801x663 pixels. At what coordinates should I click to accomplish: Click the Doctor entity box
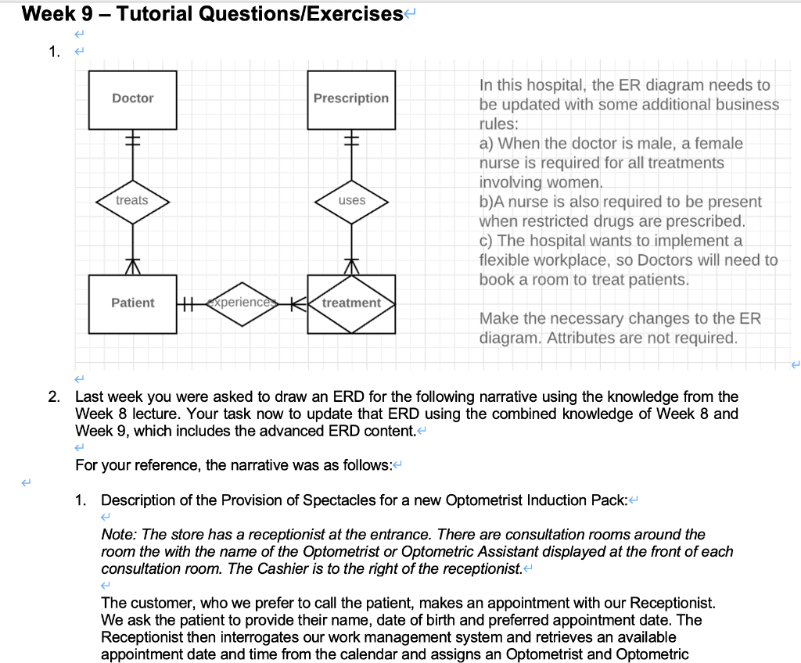coord(132,99)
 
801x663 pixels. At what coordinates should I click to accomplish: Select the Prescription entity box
coord(351,99)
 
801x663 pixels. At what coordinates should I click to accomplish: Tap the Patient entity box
coord(132,303)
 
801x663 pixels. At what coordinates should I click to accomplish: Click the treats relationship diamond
coord(132,201)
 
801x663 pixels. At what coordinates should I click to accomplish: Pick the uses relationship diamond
coord(351,201)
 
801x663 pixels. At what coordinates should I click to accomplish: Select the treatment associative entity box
coord(351,303)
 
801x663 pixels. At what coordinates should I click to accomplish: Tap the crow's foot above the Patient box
coord(132,267)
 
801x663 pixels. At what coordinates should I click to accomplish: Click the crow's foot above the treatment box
coord(351,267)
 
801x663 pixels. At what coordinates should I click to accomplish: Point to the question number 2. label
coord(52,397)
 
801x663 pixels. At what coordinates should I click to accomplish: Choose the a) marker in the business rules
coord(486,144)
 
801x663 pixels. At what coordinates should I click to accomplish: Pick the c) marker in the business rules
coord(486,241)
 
